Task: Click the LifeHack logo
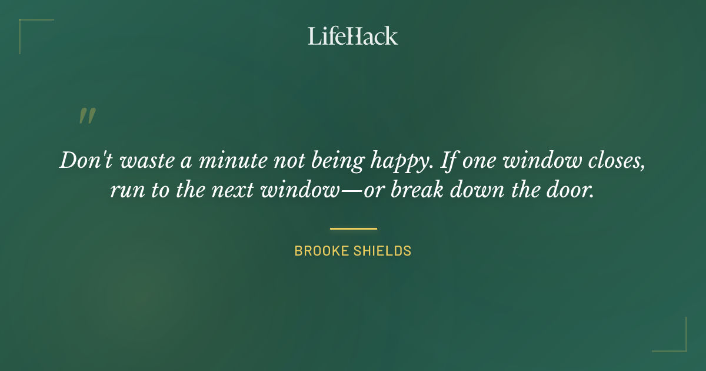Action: tap(352, 36)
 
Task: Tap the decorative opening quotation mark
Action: tap(86, 116)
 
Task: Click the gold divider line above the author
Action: tap(353, 228)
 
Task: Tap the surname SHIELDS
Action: tap(383, 251)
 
